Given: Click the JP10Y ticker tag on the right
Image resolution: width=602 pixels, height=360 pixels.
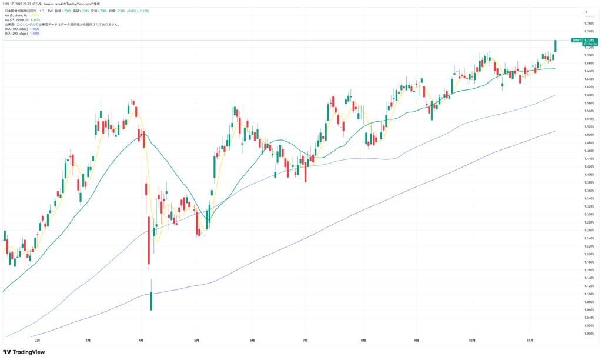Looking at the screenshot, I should (576, 40).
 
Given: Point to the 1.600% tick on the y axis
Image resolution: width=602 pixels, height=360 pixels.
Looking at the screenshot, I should (589, 95).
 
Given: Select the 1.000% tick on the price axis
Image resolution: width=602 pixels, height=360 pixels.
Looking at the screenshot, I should (589, 334).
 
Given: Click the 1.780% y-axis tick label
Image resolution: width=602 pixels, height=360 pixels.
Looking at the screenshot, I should (589, 24).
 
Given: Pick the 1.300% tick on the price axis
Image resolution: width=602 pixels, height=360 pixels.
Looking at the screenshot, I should (589, 214).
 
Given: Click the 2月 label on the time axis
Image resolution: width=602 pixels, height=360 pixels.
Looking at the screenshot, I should (38, 340).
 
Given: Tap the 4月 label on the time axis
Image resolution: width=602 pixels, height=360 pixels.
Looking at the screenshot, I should (141, 340).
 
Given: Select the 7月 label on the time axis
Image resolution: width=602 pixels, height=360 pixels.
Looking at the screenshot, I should (306, 340).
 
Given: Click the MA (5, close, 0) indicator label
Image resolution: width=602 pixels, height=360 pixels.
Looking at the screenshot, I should (16, 15).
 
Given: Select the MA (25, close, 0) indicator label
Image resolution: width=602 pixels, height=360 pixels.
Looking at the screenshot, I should (18, 20).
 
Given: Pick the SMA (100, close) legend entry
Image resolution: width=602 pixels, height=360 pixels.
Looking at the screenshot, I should (16, 29).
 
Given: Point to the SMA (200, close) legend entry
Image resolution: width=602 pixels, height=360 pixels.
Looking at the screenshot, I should (16, 34).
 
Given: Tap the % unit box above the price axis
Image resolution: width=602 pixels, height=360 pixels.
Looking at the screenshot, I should (586, 12).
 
